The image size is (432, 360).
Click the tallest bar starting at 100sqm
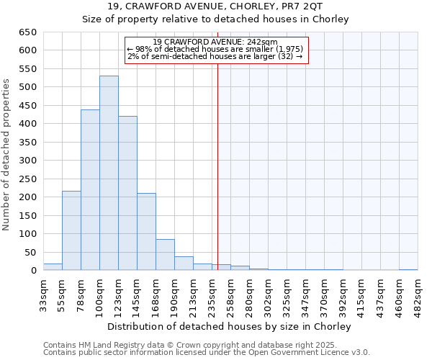109,173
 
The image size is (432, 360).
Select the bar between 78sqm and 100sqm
90,190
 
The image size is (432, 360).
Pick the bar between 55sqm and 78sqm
71,230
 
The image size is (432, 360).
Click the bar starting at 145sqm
146,232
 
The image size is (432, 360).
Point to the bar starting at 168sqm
165,255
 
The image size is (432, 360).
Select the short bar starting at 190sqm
184,264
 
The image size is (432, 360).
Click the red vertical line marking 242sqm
217,166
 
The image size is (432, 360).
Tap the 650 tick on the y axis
27,32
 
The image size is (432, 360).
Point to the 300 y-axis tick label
27,161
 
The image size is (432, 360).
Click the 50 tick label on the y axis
30,252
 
